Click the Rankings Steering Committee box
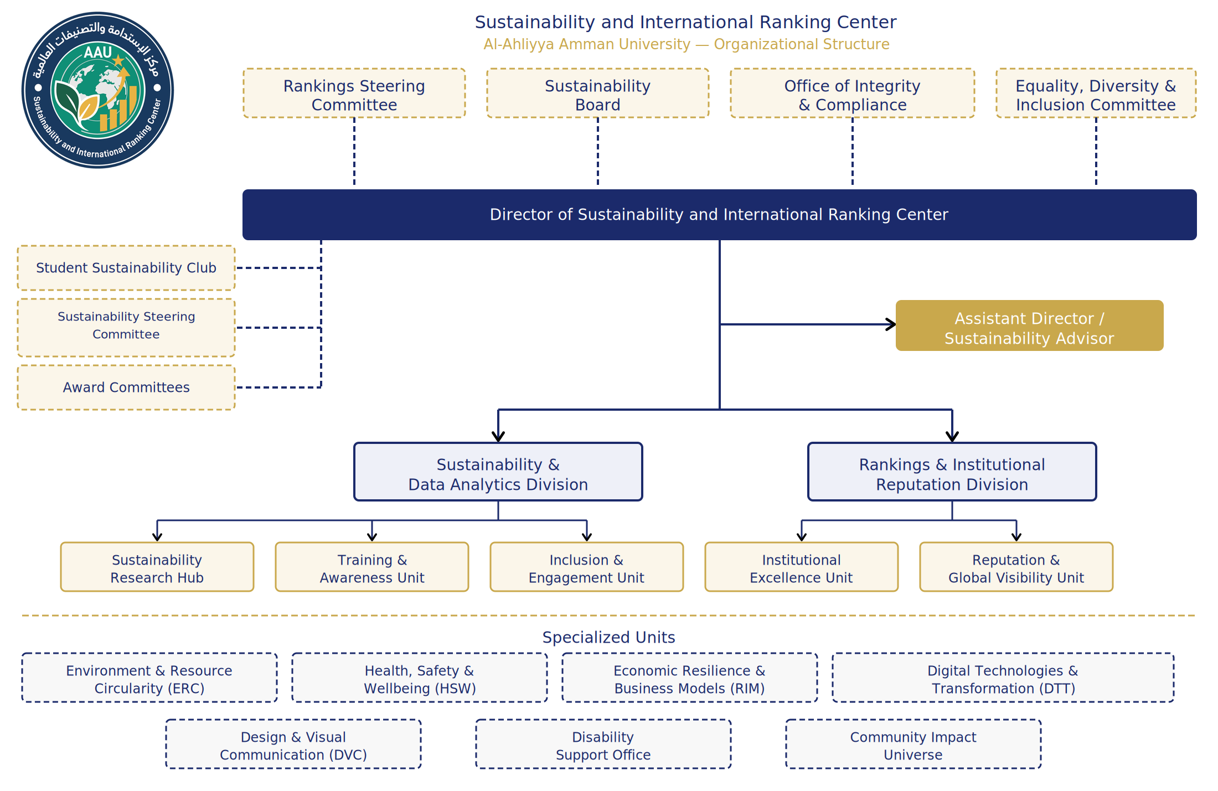pos(354,94)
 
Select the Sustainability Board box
pos(597,94)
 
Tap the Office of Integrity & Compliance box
pos(852,94)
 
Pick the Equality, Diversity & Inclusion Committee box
pos(1096,94)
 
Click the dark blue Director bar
pos(719,215)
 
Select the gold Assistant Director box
pos(1029,326)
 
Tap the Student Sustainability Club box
pos(126,268)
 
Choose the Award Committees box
pos(126,387)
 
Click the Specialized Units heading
pos(608,637)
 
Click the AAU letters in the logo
pos(97,53)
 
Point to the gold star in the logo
pos(118,59)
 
